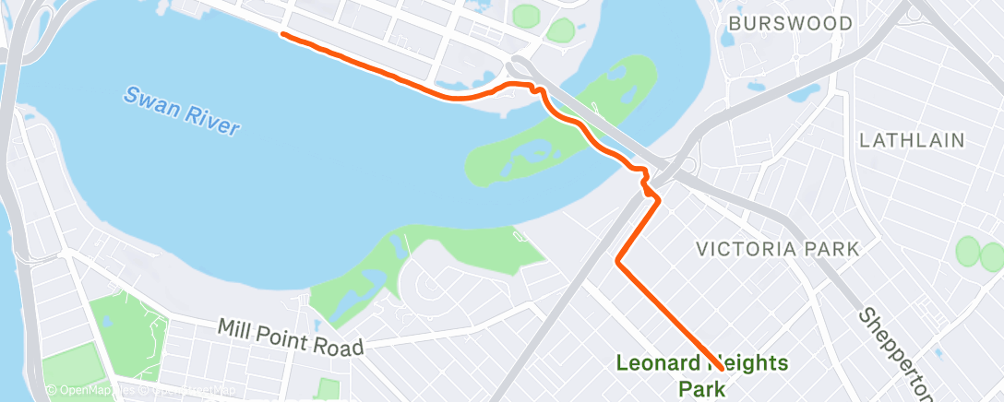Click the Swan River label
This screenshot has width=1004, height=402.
(x=182, y=111)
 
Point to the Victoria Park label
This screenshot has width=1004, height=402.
(x=778, y=249)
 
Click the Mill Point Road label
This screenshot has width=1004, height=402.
(x=292, y=337)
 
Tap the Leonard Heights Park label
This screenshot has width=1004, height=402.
(x=702, y=374)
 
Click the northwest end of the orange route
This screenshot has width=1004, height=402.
(x=281, y=34)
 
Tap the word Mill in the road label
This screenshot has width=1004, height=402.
(x=235, y=328)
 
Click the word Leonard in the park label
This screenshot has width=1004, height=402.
(x=658, y=363)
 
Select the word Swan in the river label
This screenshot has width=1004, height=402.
(x=145, y=99)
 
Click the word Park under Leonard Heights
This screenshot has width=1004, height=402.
(x=702, y=387)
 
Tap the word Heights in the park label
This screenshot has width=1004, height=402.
(x=746, y=363)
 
